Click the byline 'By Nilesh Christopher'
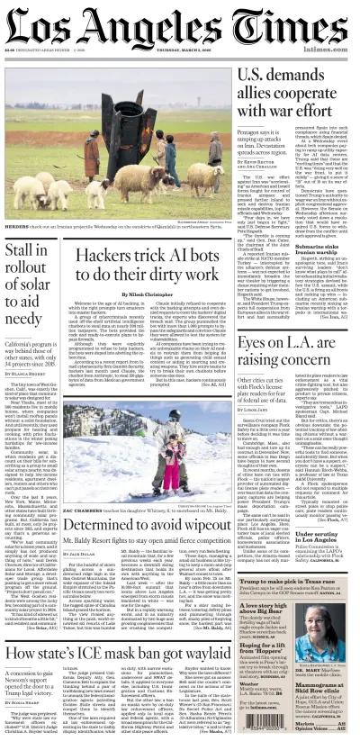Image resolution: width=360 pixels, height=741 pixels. (x=130, y=294)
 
